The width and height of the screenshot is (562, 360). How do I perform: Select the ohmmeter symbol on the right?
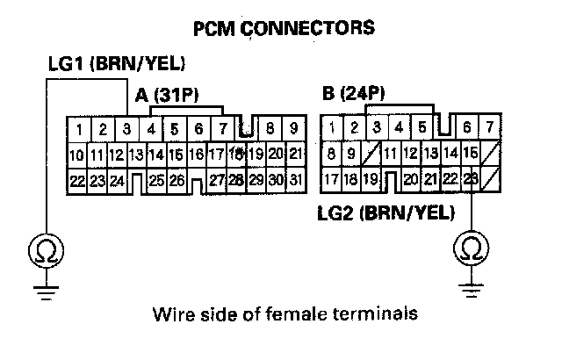tap(472, 249)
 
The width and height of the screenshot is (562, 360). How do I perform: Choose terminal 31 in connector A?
tap(296, 180)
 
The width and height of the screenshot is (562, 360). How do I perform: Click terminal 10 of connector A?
tap(76, 155)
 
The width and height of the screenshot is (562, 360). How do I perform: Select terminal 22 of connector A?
tap(76, 180)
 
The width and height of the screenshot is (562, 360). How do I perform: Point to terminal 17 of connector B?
tap(331, 179)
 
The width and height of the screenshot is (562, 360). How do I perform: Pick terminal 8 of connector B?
tap(331, 154)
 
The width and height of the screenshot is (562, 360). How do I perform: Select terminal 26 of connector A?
tap(177, 180)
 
